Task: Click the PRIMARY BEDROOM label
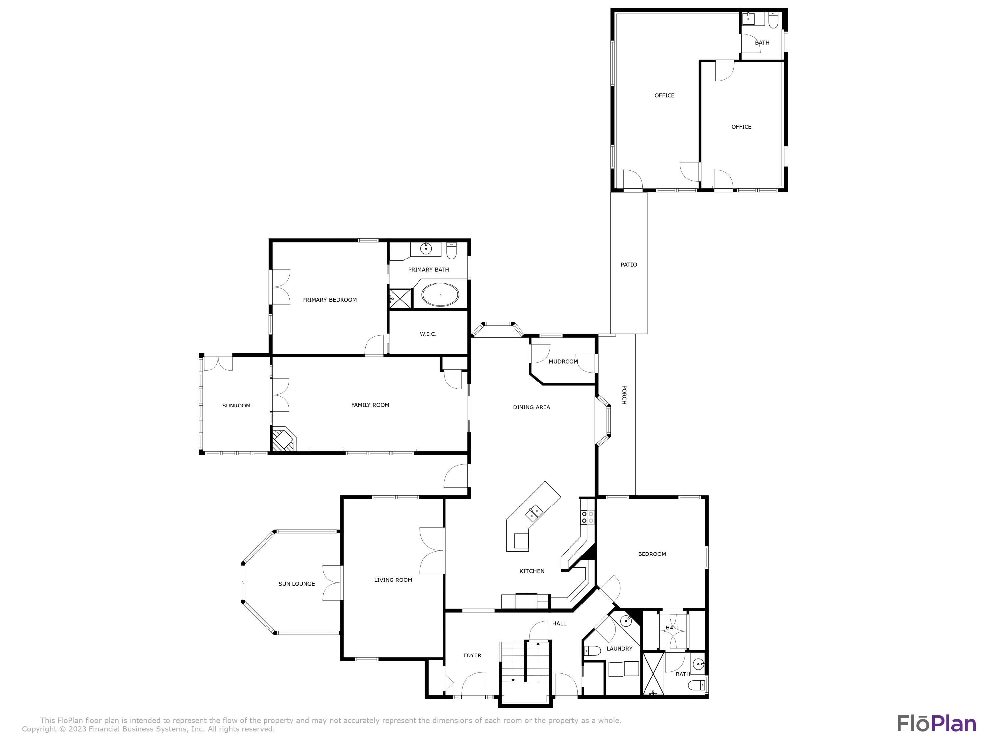(329, 300)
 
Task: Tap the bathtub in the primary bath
(440, 295)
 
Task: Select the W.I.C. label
(428, 334)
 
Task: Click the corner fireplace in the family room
(283, 440)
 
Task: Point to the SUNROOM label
(236, 406)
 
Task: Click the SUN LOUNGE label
(296, 584)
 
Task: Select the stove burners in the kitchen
(587, 517)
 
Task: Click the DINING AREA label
(531, 407)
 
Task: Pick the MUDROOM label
(563, 362)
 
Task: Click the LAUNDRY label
(619, 649)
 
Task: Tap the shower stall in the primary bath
(400, 298)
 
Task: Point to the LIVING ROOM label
(392, 580)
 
